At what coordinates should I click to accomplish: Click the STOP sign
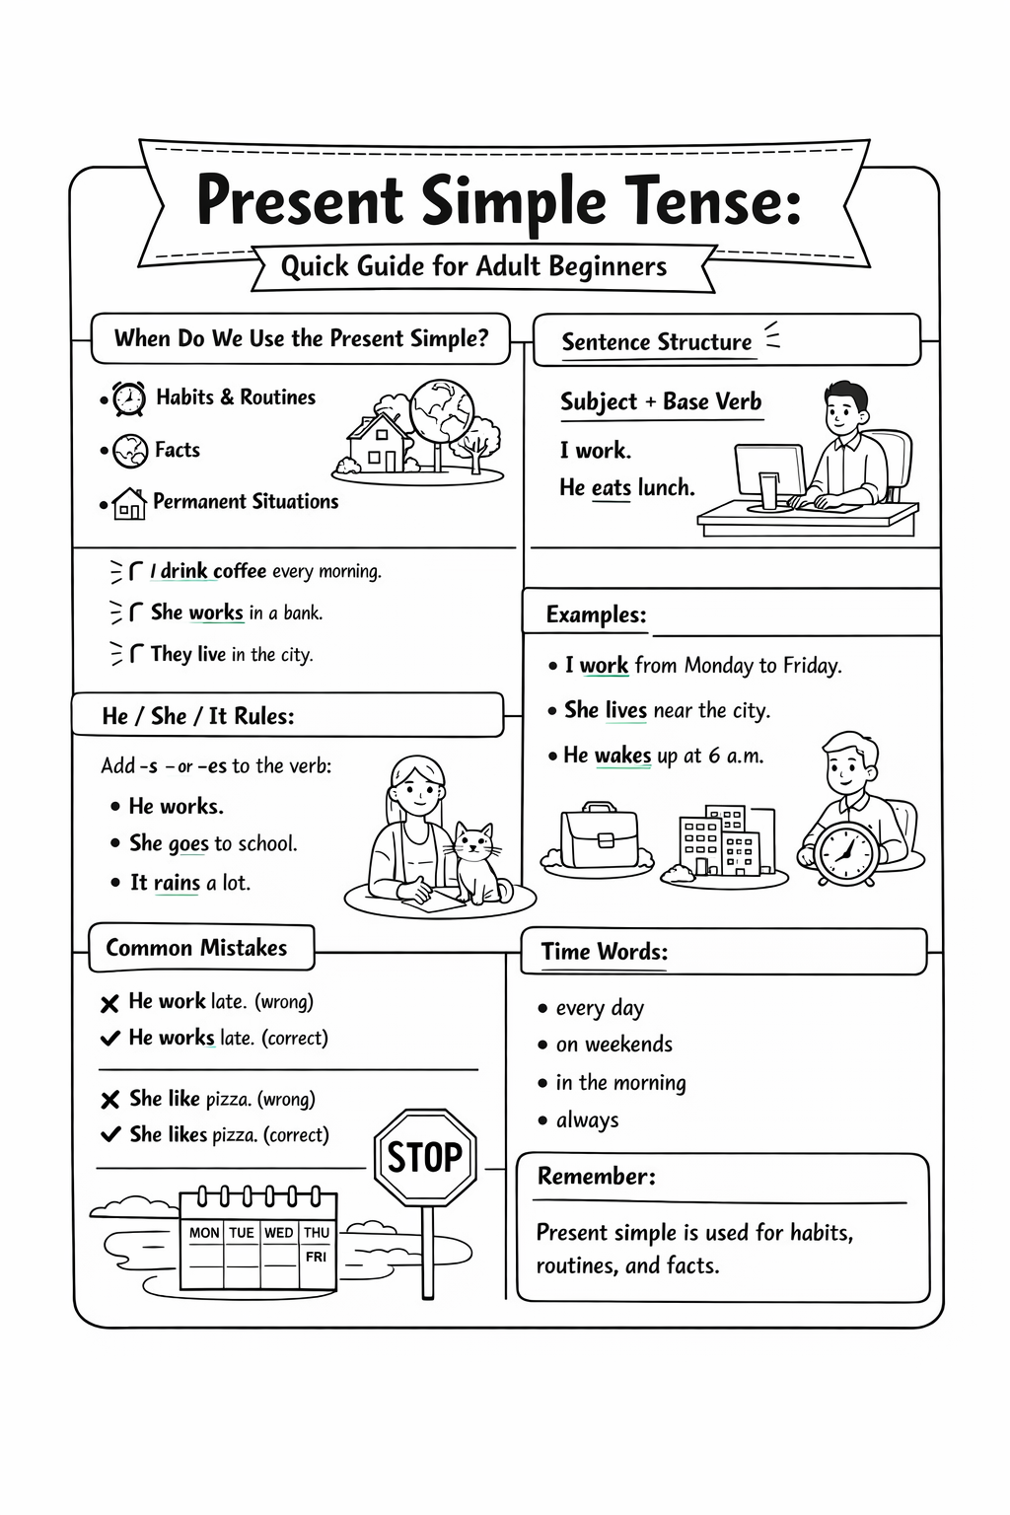(425, 1157)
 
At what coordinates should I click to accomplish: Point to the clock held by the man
(845, 852)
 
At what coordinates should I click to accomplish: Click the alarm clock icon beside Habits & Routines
(128, 398)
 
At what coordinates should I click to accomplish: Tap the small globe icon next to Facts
(130, 451)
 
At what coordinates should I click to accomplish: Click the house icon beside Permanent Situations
(129, 503)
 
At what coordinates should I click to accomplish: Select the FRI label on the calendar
(316, 1257)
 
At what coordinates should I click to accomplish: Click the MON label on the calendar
(204, 1232)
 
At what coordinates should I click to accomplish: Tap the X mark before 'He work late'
(109, 1004)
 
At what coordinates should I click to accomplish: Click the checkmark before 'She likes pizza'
(110, 1134)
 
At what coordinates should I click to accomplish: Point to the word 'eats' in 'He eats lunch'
(612, 487)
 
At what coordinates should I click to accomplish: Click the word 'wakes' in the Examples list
(622, 756)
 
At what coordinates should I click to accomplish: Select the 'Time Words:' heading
(605, 952)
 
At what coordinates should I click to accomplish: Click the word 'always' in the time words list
(587, 1120)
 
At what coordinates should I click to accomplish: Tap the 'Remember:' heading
(596, 1176)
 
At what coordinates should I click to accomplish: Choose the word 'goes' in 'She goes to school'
(188, 844)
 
